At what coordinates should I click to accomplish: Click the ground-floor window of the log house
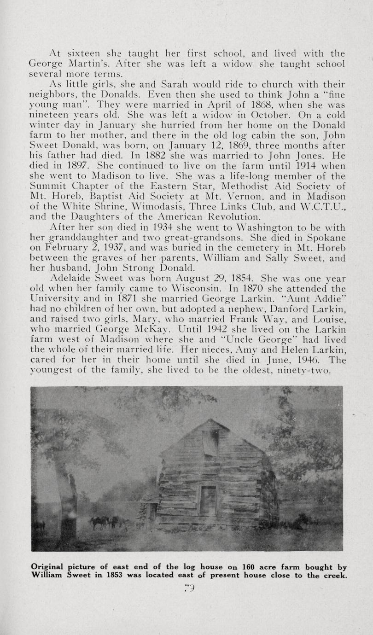207,501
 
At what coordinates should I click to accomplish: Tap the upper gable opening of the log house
210,443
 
